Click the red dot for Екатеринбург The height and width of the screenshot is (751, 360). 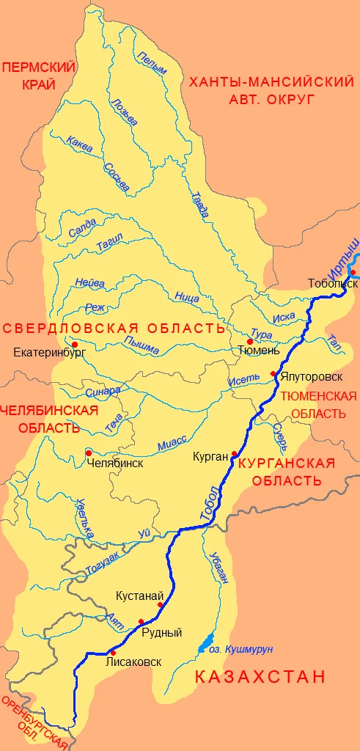pyautogui.click(x=74, y=342)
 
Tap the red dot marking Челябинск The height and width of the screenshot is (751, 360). pyautogui.click(x=89, y=453)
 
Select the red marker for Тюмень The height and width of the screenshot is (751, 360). pyautogui.click(x=249, y=341)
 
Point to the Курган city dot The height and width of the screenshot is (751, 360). pyautogui.click(x=234, y=453)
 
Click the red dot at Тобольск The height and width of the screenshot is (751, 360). pyautogui.click(x=352, y=273)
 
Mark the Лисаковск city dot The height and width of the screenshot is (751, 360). pyautogui.click(x=112, y=652)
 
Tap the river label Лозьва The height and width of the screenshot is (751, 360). pyautogui.click(x=122, y=111)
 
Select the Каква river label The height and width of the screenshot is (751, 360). pyautogui.click(x=79, y=144)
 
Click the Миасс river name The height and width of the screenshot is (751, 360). pyautogui.click(x=172, y=442)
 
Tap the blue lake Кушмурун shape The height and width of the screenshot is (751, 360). pyautogui.click(x=206, y=642)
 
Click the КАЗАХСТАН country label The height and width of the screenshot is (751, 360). pyautogui.click(x=260, y=676)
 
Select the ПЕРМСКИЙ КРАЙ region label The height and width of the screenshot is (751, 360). pyautogui.click(x=29, y=76)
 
